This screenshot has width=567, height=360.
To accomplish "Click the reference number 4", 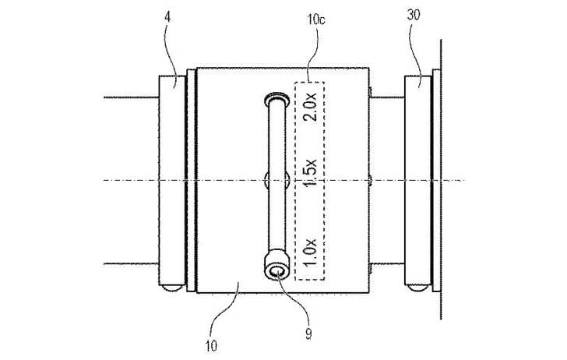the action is click(167, 17).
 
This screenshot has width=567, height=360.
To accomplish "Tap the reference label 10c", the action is click(316, 19).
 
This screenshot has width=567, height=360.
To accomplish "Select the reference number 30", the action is click(414, 16).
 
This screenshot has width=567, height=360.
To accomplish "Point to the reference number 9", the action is click(308, 334).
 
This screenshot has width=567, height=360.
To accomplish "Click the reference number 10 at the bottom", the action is click(211, 346).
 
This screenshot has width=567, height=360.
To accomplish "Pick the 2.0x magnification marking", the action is click(310, 107).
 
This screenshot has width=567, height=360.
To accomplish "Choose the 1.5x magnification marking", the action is click(310, 172).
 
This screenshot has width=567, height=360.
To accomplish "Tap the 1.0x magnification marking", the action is click(310, 252).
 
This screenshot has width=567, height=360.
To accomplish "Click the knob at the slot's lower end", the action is click(277, 265).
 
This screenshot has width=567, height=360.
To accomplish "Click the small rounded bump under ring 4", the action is click(171, 288).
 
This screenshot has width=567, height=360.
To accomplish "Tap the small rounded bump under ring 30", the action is click(418, 288).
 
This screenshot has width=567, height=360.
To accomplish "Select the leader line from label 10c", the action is click(314, 55).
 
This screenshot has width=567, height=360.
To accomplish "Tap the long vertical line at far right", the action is click(441, 179).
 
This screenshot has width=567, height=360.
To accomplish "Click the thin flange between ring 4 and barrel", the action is click(190, 181).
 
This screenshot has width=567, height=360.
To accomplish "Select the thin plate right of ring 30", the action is click(436, 181).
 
